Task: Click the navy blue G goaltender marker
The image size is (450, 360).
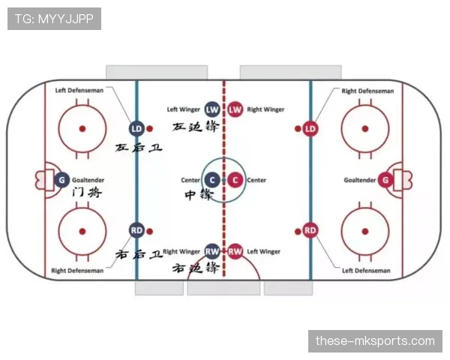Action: (61, 180)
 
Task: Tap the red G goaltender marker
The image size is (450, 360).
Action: (385, 180)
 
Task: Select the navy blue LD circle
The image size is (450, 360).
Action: (136, 128)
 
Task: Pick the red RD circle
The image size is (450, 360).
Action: (310, 230)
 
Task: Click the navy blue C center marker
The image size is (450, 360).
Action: (212, 180)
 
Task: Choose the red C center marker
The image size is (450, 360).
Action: (235, 180)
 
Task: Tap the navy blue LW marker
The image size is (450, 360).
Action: (212, 109)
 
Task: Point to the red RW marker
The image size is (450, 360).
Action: (235, 251)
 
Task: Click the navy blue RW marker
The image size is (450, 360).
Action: (212, 251)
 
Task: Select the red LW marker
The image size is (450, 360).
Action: (235, 109)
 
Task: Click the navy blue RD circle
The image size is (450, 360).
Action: (136, 230)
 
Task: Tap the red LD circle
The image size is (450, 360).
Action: (310, 128)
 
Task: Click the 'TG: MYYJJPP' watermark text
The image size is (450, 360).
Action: (54, 19)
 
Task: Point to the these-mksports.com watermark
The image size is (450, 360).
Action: (375, 341)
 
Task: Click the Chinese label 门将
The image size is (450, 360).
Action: (87, 192)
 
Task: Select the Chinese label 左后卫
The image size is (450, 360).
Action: (139, 148)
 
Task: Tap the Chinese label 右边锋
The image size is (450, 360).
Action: (196, 268)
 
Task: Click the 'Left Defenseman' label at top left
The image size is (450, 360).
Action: (79, 91)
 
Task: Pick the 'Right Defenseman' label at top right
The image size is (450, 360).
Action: (367, 91)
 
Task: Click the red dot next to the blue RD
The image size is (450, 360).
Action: (149, 231)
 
